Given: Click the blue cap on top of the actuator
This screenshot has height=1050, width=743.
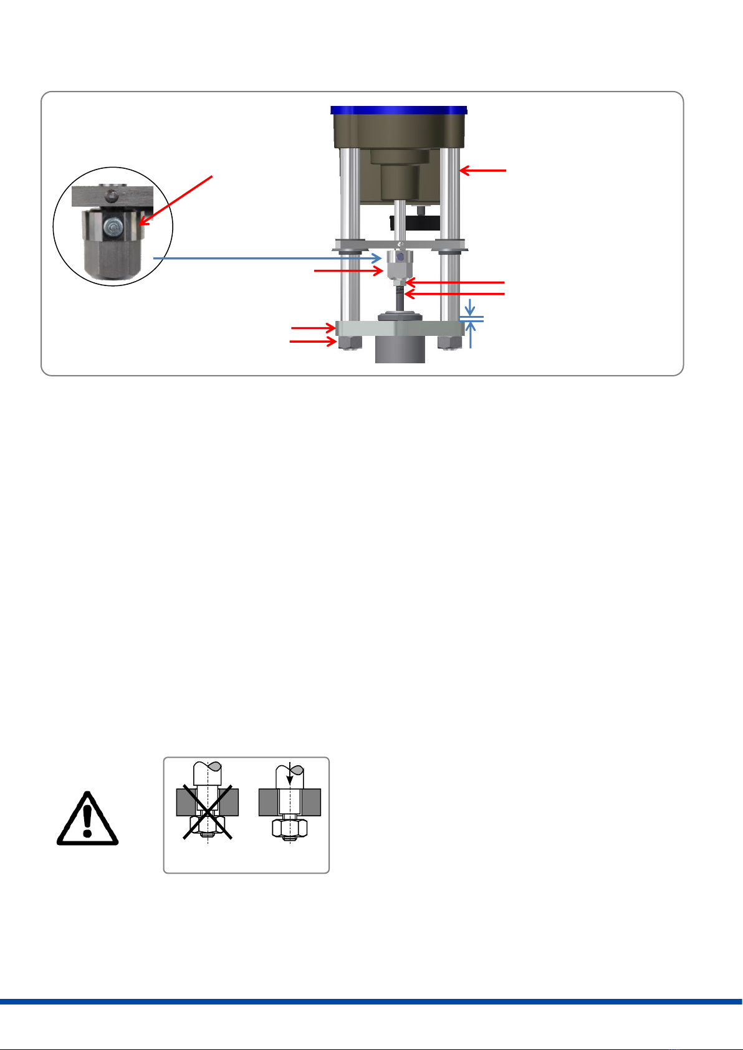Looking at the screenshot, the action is (x=399, y=110).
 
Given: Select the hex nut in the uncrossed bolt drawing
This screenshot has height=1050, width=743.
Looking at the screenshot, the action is (x=289, y=828).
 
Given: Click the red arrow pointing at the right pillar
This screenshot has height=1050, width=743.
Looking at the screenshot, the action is (x=484, y=169).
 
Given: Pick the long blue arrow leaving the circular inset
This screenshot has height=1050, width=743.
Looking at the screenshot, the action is (x=267, y=257).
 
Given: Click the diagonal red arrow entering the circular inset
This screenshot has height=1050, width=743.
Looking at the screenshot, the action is (x=177, y=199).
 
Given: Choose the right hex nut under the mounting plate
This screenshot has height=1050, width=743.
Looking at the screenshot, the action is (x=449, y=342).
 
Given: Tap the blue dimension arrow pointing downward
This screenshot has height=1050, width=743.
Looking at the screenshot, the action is (x=471, y=308).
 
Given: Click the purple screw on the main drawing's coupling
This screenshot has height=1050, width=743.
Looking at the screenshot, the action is (x=400, y=257).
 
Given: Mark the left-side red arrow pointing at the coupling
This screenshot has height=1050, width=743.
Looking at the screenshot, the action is (x=348, y=271).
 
